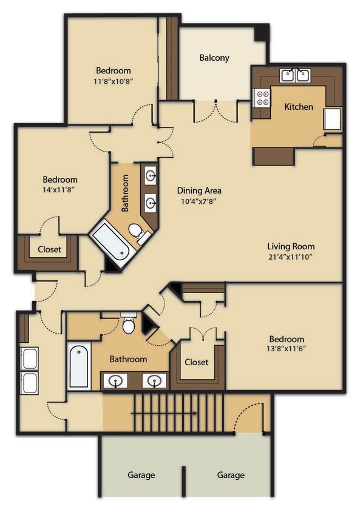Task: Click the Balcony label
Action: coord(214,58)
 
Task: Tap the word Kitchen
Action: coord(299,107)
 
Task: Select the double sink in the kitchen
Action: coord(295,76)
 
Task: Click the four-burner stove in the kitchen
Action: coord(261,98)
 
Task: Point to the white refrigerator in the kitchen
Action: coord(332,119)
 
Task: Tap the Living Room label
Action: coord(291,246)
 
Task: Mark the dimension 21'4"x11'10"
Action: coord(291,257)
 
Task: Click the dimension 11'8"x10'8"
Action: coord(114,81)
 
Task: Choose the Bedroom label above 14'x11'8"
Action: coord(60,180)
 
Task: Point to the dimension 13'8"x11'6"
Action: coord(284,349)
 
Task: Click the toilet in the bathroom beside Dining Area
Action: coord(136,231)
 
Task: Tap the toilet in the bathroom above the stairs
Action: coord(129,325)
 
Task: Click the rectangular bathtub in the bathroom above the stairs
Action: coord(79,366)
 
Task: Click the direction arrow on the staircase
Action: coord(163,414)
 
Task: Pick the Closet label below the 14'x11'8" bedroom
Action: coord(49,249)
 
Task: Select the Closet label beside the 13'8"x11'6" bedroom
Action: coord(196,362)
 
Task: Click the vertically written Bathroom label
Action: coord(126,193)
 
